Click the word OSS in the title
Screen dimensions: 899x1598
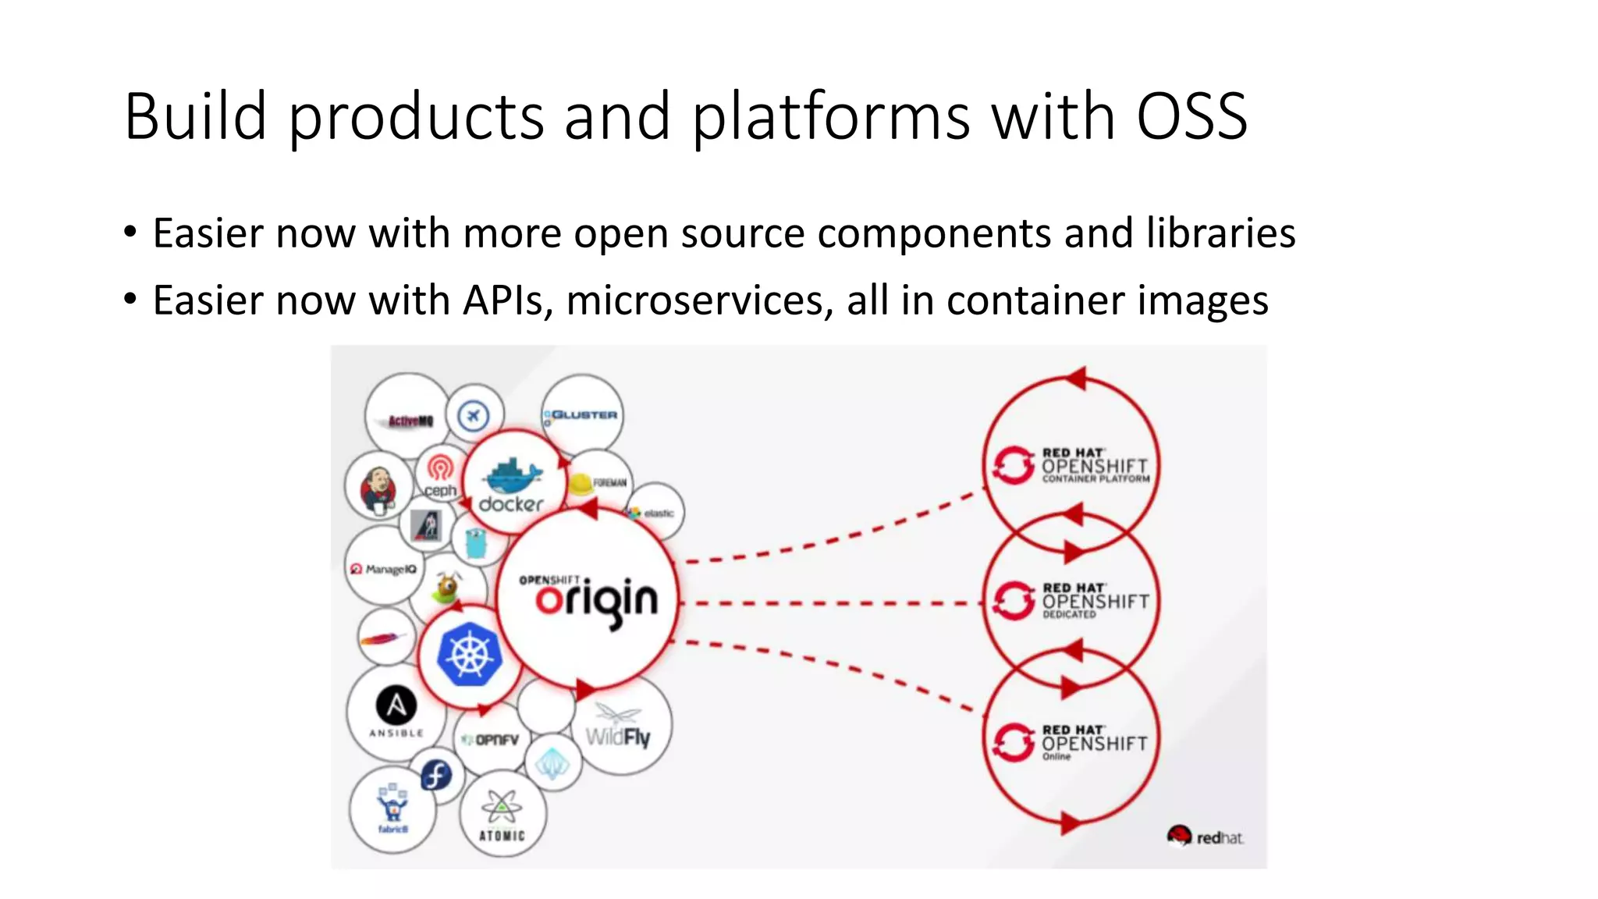click(x=1191, y=117)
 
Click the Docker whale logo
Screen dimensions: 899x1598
click(x=512, y=475)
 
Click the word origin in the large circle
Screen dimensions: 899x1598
click(x=597, y=602)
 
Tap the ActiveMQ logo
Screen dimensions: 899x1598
click(x=410, y=421)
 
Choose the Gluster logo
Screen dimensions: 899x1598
click(x=582, y=416)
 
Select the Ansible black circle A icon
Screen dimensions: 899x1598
click(x=396, y=705)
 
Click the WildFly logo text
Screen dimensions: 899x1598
click(x=618, y=736)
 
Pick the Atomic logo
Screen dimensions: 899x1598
click(x=502, y=815)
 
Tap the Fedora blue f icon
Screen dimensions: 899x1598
click(x=435, y=775)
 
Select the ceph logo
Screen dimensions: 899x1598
click(x=440, y=476)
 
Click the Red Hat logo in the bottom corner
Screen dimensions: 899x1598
click(x=1206, y=837)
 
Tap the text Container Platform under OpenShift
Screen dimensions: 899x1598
click(x=1096, y=479)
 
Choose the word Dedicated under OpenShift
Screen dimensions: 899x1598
click(x=1069, y=615)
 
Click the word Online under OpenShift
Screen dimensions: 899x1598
click(x=1056, y=757)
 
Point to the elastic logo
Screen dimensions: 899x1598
click(x=652, y=513)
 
